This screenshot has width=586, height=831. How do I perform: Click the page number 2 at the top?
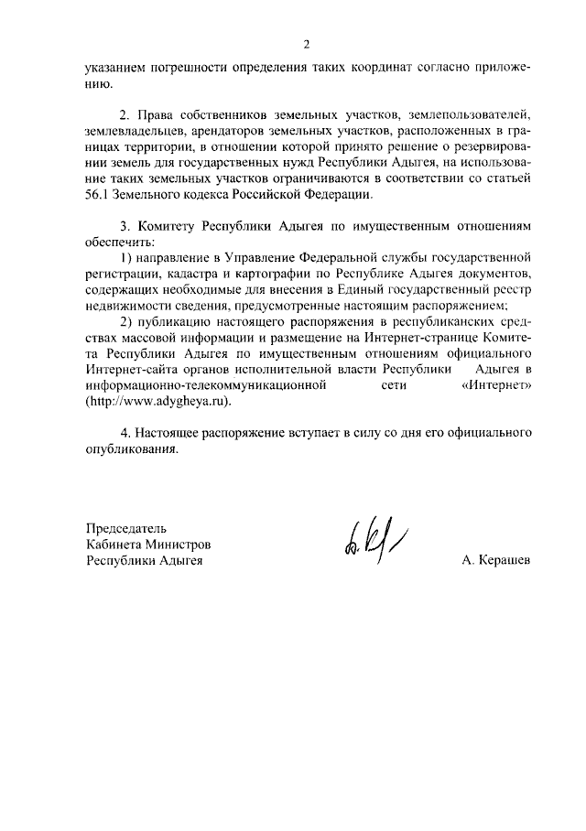(307, 44)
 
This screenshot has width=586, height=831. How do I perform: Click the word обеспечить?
(119, 242)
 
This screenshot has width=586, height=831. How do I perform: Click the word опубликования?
(127, 448)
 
